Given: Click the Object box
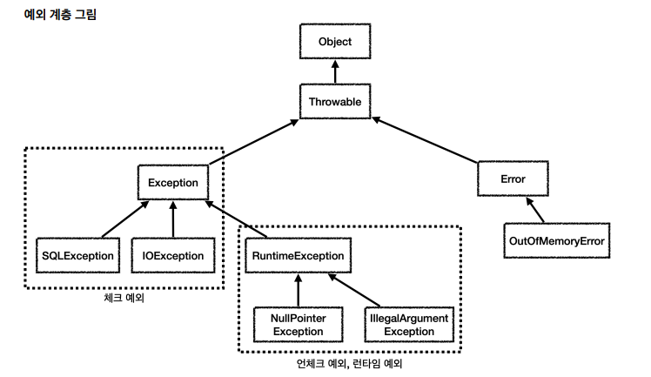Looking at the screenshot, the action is tap(335, 41).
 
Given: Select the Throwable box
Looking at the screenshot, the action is tap(335, 102).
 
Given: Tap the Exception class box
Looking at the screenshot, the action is tap(173, 183).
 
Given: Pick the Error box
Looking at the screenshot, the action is tap(513, 179).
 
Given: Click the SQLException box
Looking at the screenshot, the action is tap(78, 255).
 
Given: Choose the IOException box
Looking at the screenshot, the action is tap(173, 255).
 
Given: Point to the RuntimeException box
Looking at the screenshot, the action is tap(299, 255).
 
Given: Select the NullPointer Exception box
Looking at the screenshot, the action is tap(299, 325).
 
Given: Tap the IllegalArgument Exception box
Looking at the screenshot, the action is tap(409, 325).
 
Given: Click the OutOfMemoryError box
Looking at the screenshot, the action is tap(557, 241).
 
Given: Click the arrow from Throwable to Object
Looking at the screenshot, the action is tap(335, 71).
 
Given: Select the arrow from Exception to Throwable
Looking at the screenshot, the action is tap(253, 142).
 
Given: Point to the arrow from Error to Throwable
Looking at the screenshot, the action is tap(425, 140).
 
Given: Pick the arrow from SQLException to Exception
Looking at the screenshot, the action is tap(125, 219).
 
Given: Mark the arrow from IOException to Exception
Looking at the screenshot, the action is tap(173, 219).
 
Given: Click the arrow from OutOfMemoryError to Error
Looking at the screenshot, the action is tap(534, 210).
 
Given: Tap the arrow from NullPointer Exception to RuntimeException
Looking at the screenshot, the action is tap(299, 290).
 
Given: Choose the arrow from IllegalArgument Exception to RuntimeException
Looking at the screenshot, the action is tap(353, 290).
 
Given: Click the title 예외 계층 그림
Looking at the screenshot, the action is tap(61, 15).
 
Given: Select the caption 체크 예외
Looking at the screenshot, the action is tap(124, 298).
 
